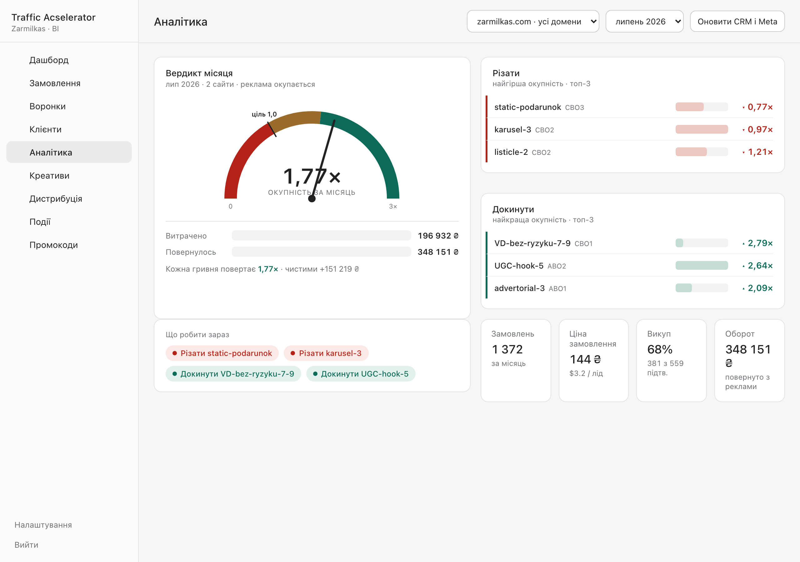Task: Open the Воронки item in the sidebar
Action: (47, 106)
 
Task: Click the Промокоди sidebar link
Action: (54, 245)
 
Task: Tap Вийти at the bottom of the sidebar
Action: (27, 545)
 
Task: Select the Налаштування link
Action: (43, 525)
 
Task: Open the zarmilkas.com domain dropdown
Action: (533, 22)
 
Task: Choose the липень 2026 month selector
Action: (644, 22)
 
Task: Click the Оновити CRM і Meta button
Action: (737, 22)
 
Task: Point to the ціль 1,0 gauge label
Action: (264, 114)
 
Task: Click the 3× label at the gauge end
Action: (393, 206)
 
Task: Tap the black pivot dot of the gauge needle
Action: (312, 199)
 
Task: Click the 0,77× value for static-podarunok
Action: (760, 107)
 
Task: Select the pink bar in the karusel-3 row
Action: (701, 129)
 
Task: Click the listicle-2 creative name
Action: (511, 152)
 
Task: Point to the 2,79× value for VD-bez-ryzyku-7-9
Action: (760, 243)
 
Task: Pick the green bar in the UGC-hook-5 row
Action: (701, 265)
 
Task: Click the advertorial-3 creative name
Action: (519, 288)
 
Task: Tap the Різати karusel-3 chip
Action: (326, 353)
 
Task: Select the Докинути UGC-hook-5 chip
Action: (361, 374)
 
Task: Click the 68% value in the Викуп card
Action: (660, 349)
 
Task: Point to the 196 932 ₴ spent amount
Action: (438, 236)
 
